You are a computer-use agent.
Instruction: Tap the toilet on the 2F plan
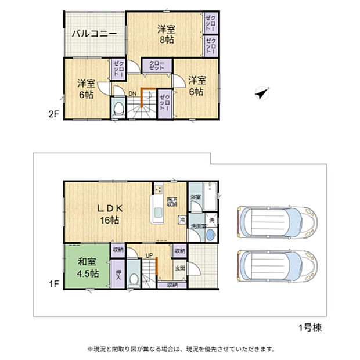pos(120,107)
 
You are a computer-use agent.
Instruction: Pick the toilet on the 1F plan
pos(134,278)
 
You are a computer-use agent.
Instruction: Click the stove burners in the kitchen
pos(159,190)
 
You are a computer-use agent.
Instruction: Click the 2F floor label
pos(54,114)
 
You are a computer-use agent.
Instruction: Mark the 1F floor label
pos(54,284)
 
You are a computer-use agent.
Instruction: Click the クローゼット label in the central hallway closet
pos(156,66)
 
